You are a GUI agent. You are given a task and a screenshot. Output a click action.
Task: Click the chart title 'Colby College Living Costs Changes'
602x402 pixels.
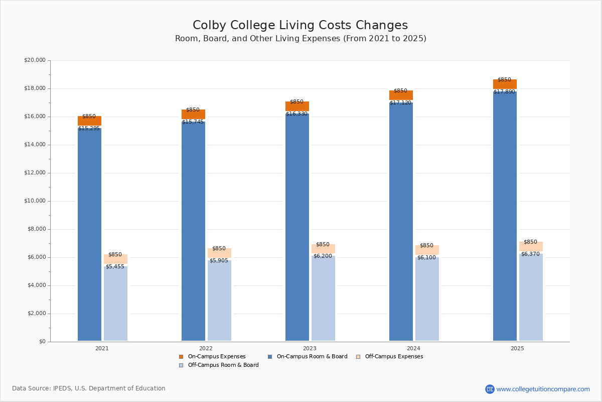pos(300,26)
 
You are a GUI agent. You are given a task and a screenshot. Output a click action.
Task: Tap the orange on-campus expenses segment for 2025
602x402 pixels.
pos(505,84)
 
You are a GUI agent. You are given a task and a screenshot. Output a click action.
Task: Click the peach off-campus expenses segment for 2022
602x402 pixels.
pos(219,253)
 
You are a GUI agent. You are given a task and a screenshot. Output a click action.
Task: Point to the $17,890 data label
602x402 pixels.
pos(504,92)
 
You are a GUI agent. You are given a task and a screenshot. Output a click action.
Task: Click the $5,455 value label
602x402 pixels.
pos(115,266)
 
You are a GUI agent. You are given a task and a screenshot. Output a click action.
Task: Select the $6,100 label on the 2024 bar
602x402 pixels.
pos(426,257)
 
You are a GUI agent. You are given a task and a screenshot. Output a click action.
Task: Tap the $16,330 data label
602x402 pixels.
pos(296,114)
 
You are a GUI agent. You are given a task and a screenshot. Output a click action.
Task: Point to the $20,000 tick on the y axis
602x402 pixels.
pos(35,60)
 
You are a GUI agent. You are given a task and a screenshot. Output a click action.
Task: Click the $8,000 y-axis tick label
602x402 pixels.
pos(36,229)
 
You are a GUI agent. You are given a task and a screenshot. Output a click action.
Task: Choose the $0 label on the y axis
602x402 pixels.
pos(42,342)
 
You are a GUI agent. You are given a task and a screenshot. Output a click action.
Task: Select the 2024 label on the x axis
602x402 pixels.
pos(413,348)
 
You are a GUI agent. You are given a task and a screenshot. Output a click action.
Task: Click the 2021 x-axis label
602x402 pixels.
pos(102,348)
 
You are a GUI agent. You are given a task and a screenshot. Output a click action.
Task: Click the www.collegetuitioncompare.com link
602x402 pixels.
pos(543,389)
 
